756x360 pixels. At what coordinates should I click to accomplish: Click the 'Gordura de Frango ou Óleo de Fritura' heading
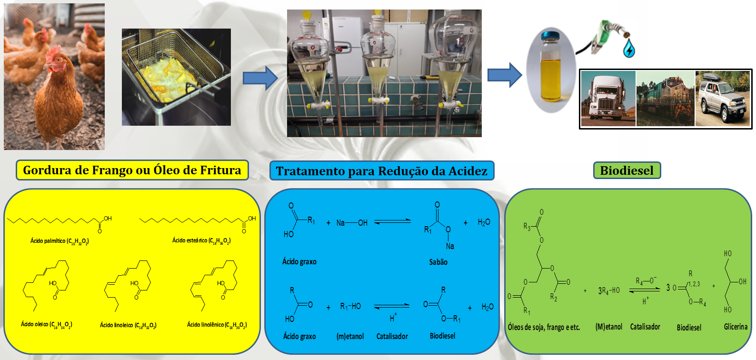pos(132,170)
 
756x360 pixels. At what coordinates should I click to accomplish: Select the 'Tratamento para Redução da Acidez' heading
pos(381,171)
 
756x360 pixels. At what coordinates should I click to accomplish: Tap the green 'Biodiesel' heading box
pos(627,170)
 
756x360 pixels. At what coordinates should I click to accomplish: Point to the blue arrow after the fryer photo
pos(260,78)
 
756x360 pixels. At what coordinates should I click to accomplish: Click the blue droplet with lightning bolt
pos(629,49)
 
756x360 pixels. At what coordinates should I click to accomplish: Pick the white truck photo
pos(608,99)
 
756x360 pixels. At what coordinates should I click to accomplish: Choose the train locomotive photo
pos(665,99)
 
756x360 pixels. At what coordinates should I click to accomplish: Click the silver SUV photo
pos(723,99)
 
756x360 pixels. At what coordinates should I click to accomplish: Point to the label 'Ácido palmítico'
pos(60,241)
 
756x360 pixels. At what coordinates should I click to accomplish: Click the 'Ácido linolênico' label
pos(217,325)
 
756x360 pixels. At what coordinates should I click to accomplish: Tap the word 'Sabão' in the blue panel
pos(438,262)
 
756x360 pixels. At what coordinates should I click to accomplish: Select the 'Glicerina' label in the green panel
pos(736,327)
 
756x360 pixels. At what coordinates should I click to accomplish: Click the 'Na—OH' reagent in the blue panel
pos(352,223)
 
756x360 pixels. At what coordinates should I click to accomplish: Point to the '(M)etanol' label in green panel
pos(609,327)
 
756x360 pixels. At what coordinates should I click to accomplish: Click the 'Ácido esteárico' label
pos(201,241)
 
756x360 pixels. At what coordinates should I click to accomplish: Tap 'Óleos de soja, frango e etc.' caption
pos(544,327)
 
